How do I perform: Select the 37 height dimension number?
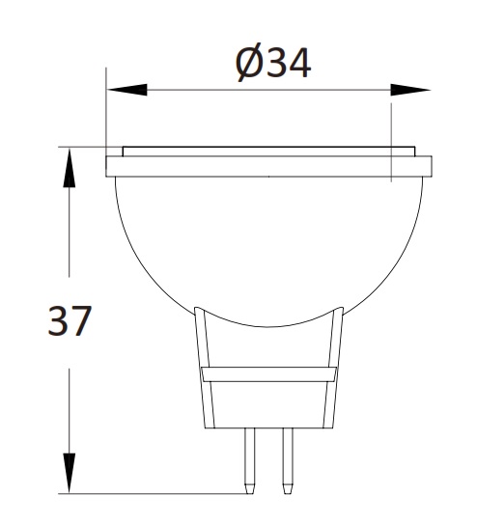(69, 320)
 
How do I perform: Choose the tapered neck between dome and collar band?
(268, 343)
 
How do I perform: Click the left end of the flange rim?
(109, 166)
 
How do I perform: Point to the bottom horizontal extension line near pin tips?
(154, 493)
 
